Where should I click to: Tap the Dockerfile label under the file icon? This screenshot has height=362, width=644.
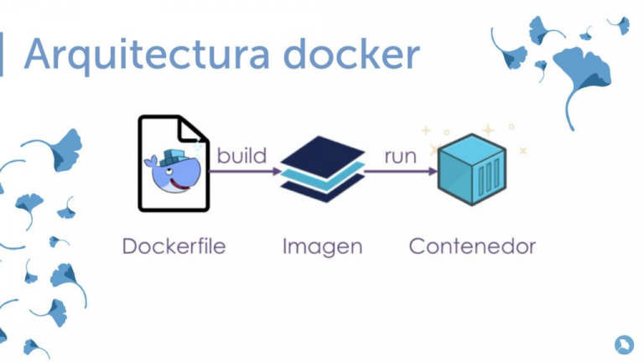pos(174,246)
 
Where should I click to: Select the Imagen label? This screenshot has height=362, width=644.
pos(322,246)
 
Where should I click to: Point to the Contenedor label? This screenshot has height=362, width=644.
pos(472,246)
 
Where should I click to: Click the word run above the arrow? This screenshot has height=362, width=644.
pos(400,155)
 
